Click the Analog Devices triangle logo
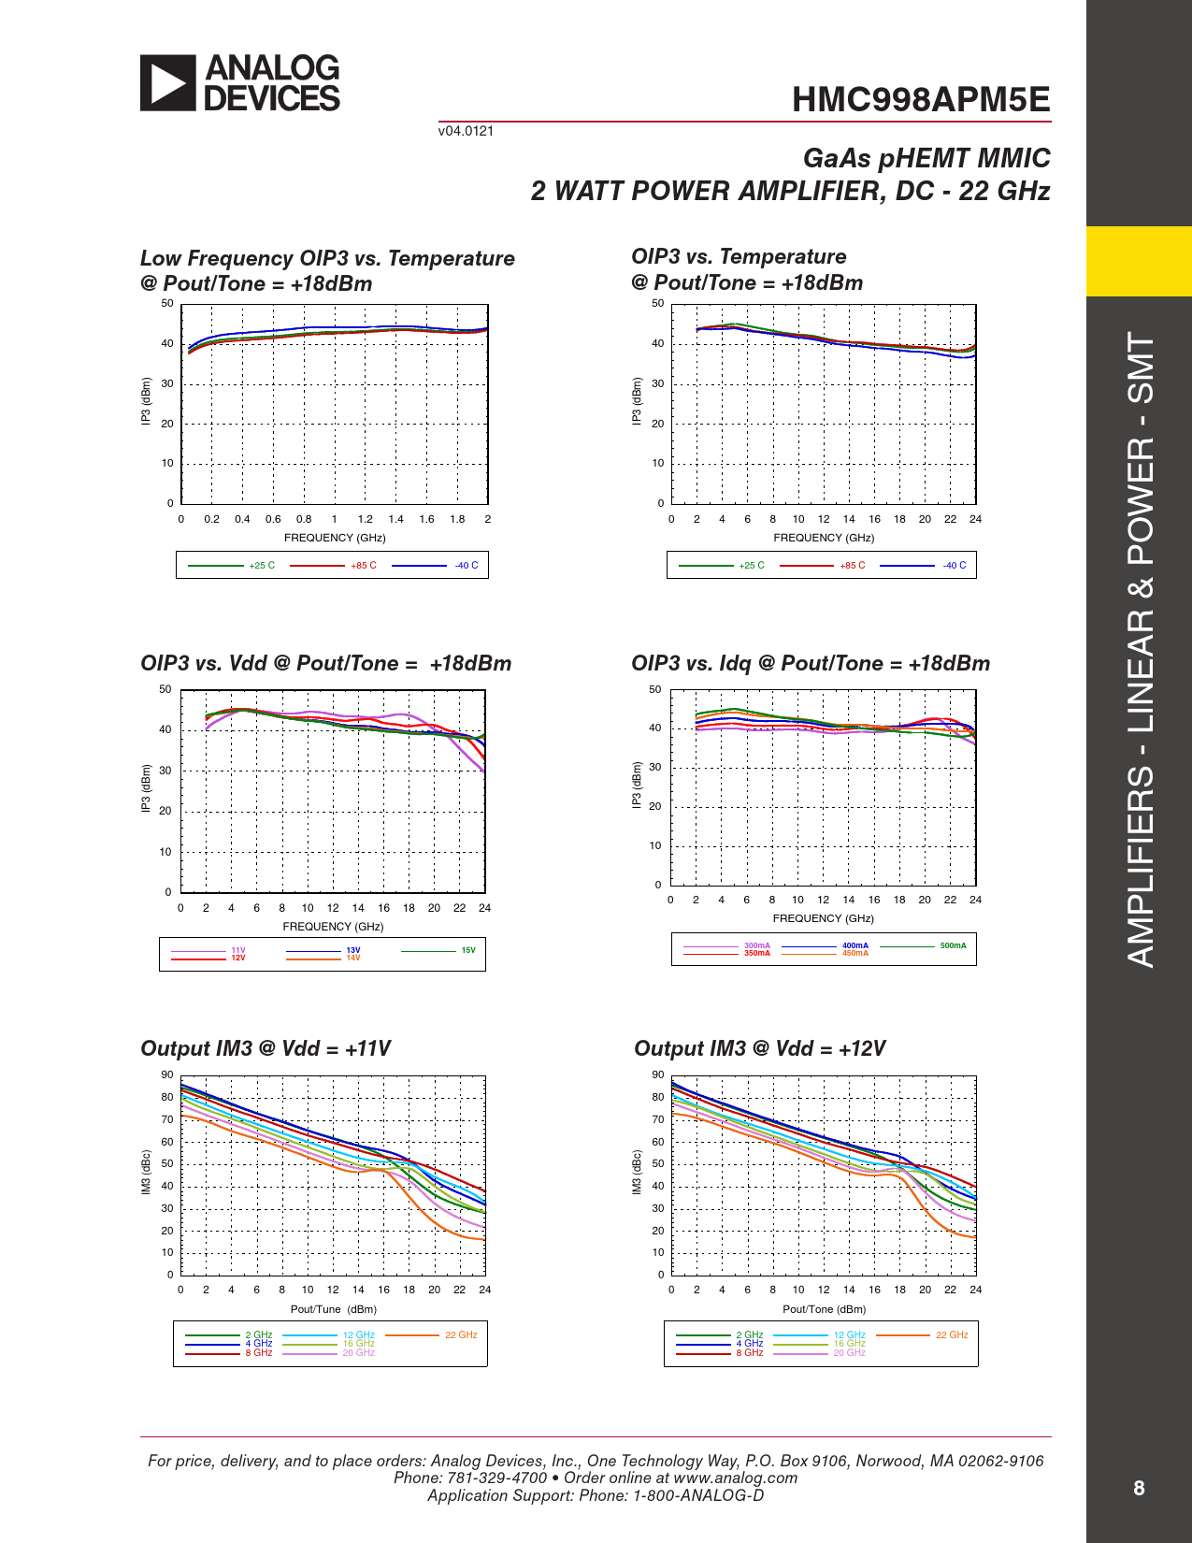168,83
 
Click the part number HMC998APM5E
921,100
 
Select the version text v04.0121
466,131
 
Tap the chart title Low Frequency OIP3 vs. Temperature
327,258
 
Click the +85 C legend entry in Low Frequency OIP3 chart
364,566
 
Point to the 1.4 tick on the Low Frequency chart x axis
396,519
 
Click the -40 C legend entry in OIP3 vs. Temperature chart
955,566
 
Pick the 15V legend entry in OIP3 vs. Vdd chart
468,950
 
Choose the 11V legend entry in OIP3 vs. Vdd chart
238,950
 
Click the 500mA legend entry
953,945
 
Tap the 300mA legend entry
756,945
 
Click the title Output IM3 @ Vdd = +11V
266,1048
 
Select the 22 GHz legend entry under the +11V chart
461,1334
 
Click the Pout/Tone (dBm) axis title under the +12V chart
824,1309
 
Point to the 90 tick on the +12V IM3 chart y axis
658,1075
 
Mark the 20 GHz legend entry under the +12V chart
849,1353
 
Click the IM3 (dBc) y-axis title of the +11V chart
146,1173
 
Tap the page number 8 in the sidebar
1139,1488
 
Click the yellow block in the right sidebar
1139,261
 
